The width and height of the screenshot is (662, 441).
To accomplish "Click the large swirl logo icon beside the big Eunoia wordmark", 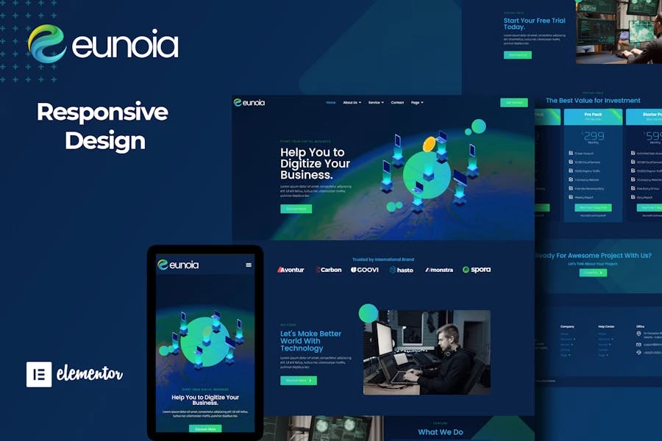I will [47, 44].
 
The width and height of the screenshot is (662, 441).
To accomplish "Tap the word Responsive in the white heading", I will [102, 112].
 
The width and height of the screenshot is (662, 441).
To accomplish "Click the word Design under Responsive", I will [104, 140].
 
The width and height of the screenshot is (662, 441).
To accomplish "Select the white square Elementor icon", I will [39, 374].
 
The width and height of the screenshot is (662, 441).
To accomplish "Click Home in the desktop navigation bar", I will [331, 103].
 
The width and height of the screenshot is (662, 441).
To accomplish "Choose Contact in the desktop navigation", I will [397, 103].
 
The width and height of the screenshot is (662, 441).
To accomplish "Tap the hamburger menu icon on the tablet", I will [249, 265].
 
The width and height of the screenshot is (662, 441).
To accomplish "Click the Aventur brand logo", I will [291, 270].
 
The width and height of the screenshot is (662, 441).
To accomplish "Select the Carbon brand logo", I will [329, 270].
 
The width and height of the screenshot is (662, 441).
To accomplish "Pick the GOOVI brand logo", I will [365, 270].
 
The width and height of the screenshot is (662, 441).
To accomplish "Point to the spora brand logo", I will [477, 270].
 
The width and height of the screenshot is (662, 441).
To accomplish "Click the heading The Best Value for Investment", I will [593, 101].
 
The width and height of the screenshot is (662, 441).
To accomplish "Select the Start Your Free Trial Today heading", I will [535, 24].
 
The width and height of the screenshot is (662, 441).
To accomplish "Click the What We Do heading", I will [441, 432].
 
